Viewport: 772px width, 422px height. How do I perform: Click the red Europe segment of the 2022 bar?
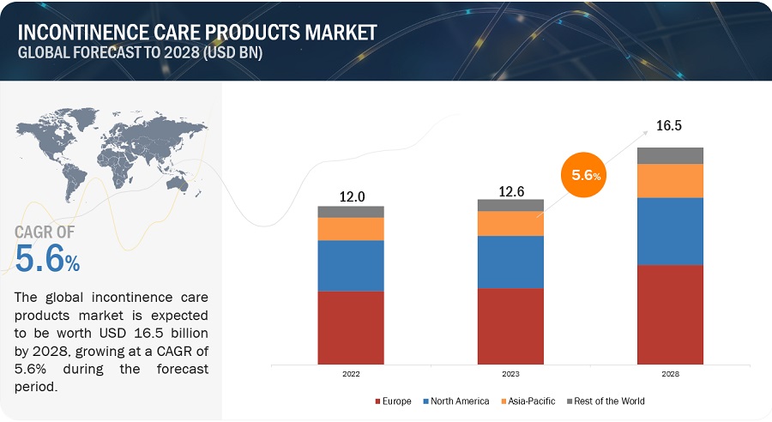(x=351, y=327)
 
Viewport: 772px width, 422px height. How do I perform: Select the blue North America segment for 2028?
(x=670, y=231)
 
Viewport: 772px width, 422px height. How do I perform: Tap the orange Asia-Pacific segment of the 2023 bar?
(x=510, y=223)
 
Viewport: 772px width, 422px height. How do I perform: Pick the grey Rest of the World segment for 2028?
(x=670, y=155)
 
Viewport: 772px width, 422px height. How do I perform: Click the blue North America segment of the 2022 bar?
(x=351, y=266)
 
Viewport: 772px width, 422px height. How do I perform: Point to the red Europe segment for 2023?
(x=510, y=325)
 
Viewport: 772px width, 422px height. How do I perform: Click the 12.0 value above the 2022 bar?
(x=351, y=196)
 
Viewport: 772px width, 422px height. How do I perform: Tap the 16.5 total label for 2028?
(x=670, y=126)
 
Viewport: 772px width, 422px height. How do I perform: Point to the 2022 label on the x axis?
(x=351, y=375)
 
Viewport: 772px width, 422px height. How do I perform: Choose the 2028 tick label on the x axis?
(x=670, y=375)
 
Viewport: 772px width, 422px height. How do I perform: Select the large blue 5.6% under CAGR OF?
(x=48, y=258)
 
